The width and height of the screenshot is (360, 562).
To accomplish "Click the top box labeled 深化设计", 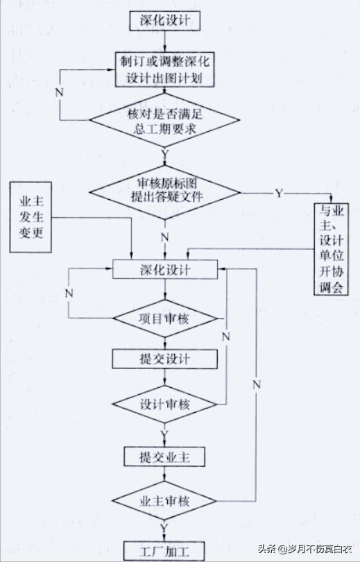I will (x=164, y=20).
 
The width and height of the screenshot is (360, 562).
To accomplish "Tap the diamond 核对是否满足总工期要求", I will (x=164, y=121).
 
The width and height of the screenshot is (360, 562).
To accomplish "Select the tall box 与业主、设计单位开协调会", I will (x=330, y=250).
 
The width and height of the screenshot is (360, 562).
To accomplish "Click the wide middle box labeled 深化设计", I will (x=164, y=269).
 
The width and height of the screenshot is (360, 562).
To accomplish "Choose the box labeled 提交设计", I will (x=164, y=359).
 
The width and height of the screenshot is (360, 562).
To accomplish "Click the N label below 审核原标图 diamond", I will (x=165, y=237).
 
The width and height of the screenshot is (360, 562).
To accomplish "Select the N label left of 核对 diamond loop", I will (x=59, y=90).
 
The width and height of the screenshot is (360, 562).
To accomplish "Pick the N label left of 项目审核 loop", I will (x=69, y=293).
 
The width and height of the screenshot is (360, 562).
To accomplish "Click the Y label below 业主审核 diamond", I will (x=165, y=529).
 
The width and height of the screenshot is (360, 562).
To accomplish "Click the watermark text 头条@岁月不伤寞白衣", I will (x=305, y=549).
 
